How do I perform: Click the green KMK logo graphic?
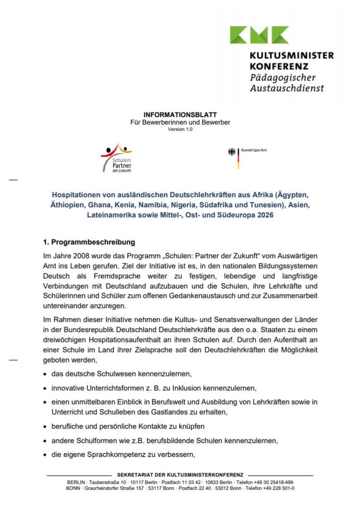[259, 35]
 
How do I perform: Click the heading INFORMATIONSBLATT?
[180, 115]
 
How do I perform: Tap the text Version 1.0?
[180, 129]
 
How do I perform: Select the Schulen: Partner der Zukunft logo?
[117, 157]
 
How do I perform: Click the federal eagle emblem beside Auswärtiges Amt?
[232, 152]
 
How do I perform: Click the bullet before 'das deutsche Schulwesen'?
[45, 374]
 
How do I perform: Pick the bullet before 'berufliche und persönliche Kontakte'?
[45, 426]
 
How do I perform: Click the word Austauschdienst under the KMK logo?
[286, 88]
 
